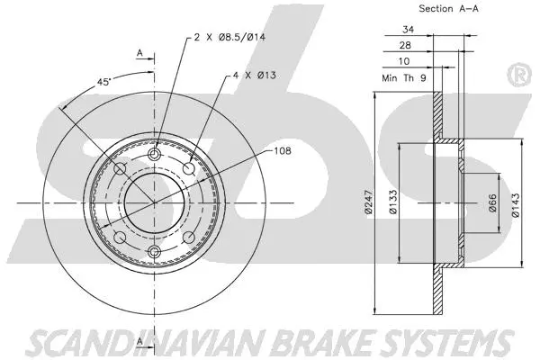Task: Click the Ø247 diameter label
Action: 368,206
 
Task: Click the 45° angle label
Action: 104,81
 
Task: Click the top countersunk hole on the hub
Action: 154,157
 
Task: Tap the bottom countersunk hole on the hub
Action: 154,250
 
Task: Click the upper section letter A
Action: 139,53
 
